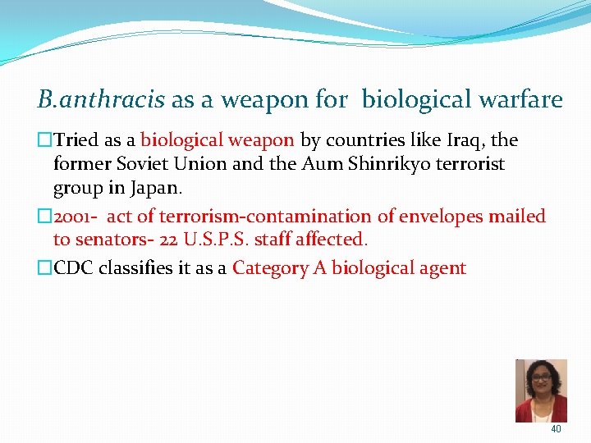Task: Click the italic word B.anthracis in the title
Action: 101,101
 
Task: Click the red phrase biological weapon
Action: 217,140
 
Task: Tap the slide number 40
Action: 556,429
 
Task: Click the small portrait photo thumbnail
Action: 541,390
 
